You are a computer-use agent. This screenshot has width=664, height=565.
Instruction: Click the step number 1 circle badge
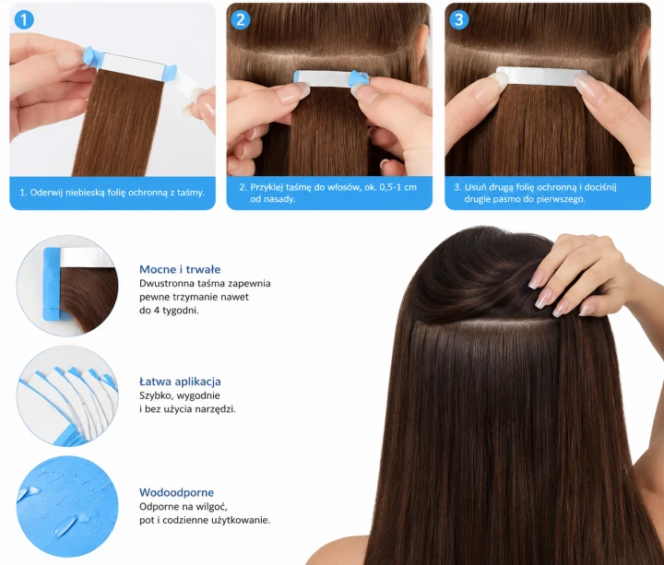pyautogui.click(x=24, y=19)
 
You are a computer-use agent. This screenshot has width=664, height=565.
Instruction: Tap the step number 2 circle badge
pyautogui.click(x=241, y=19)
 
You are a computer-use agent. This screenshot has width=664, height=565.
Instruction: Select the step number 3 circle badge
pyautogui.click(x=458, y=19)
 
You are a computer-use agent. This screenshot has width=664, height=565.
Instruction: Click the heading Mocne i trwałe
pyautogui.click(x=180, y=269)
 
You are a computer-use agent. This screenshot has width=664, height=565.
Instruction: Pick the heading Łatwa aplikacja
pyautogui.click(x=180, y=382)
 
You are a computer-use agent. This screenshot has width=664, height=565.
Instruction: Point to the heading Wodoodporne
pyautogui.click(x=176, y=492)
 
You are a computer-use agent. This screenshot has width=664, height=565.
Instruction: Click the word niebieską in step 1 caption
pyautogui.click(x=84, y=193)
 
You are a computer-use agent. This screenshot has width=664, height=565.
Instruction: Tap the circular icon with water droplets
pyautogui.click(x=67, y=507)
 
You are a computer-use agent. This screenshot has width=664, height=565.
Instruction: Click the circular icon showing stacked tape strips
pyautogui.click(x=67, y=395)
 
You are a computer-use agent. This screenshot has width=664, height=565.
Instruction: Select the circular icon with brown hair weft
pyautogui.click(x=67, y=286)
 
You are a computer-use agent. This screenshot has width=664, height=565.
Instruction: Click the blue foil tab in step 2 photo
pyautogui.click(x=359, y=78)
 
